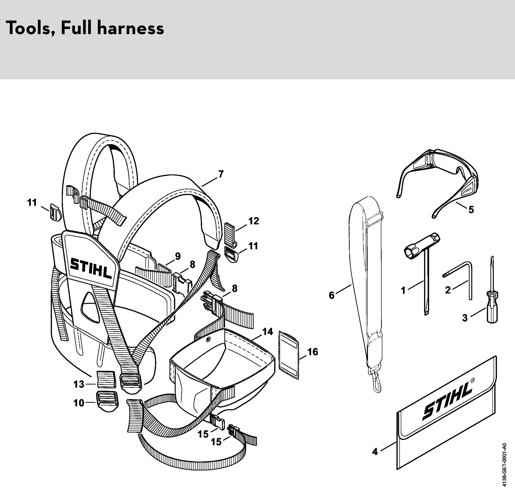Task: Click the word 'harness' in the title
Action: tap(131, 28)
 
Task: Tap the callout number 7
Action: tap(221, 174)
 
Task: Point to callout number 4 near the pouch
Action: tap(375, 452)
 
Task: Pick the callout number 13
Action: tap(79, 384)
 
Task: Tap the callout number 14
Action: tap(268, 332)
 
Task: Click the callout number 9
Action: tap(178, 256)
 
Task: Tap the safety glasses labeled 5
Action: tap(439, 179)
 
